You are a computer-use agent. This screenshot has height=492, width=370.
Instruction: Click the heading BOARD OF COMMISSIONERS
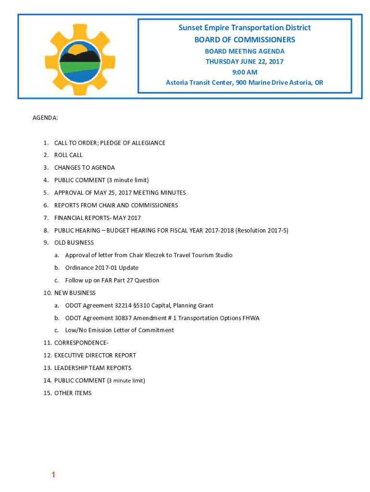pyautogui.click(x=245, y=39)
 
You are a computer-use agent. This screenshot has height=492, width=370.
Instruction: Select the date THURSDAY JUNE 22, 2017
pyautogui.click(x=245, y=61)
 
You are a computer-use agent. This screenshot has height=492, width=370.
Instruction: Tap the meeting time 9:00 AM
pyautogui.click(x=245, y=72)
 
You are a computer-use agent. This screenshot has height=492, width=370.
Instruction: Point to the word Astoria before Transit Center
pyautogui.click(x=177, y=83)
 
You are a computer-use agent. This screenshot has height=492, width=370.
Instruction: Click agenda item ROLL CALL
pyautogui.click(x=68, y=155)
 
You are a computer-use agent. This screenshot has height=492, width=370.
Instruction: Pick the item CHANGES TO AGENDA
pyautogui.click(x=85, y=168)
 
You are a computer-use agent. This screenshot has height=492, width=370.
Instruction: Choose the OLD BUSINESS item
pyautogui.click(x=74, y=243)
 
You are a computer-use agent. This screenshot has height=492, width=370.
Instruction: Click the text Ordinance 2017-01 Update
pyautogui.click(x=102, y=268)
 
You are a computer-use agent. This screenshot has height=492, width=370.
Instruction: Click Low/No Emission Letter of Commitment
pyautogui.click(x=120, y=330)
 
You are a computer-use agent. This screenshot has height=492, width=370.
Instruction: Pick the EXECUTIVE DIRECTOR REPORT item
pyautogui.click(x=95, y=355)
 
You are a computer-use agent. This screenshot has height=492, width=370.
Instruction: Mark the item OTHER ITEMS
pyautogui.click(x=73, y=393)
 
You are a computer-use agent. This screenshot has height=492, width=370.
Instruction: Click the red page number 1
pyautogui.click(x=53, y=475)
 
